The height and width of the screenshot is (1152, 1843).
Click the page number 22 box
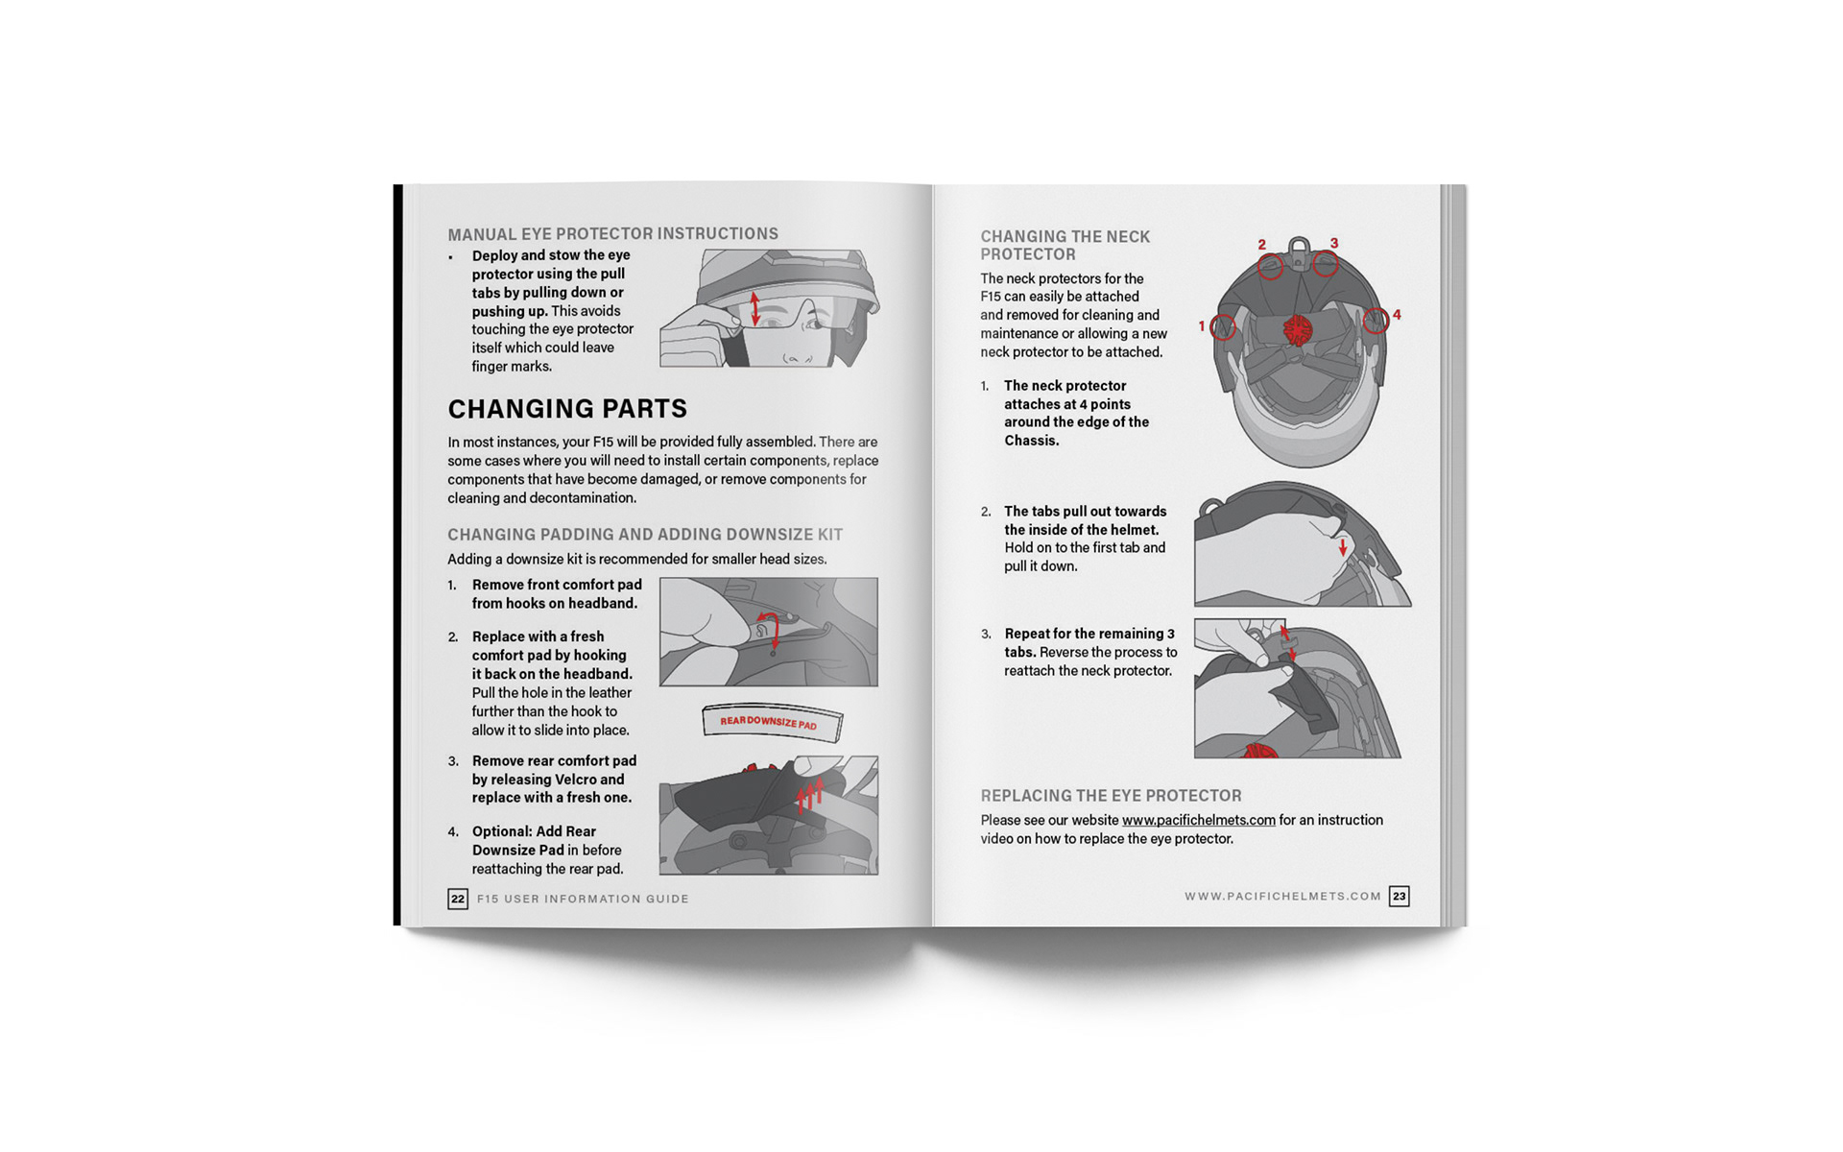pyautogui.click(x=458, y=899)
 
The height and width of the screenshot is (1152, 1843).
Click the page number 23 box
pyautogui.click(x=1400, y=897)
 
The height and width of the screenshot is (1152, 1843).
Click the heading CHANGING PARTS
pyautogui.click(x=567, y=409)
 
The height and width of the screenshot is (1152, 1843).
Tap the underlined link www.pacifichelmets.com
pyautogui.click(x=1199, y=820)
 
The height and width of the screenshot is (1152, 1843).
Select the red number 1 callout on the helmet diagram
pyautogui.click(x=1201, y=326)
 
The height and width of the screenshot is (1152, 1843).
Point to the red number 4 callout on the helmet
pyautogui.click(x=1397, y=314)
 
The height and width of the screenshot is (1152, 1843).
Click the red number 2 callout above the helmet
pyautogui.click(x=1262, y=245)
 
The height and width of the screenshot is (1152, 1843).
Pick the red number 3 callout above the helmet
pyautogui.click(x=1334, y=243)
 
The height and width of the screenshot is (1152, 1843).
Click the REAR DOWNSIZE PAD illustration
pyautogui.click(x=773, y=722)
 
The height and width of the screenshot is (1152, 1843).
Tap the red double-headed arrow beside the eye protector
pyautogui.click(x=755, y=308)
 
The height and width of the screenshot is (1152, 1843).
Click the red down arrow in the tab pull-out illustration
pyautogui.click(x=1343, y=546)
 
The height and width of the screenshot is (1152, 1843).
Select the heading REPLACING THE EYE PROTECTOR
pyautogui.click(x=1111, y=796)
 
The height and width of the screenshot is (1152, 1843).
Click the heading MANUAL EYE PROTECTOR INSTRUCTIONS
pyautogui.click(x=612, y=234)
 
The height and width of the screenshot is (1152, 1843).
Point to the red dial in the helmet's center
pyautogui.click(x=1298, y=329)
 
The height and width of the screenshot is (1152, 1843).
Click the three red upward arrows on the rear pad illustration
pyautogui.click(x=809, y=795)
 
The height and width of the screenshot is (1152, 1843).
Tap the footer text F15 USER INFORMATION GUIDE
pyautogui.click(x=583, y=900)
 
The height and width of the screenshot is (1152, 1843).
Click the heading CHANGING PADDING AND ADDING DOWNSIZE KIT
pyautogui.click(x=645, y=535)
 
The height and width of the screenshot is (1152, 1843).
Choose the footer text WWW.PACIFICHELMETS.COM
pyautogui.click(x=1282, y=897)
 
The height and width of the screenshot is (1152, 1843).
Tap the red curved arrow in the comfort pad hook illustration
pyautogui.click(x=770, y=626)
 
